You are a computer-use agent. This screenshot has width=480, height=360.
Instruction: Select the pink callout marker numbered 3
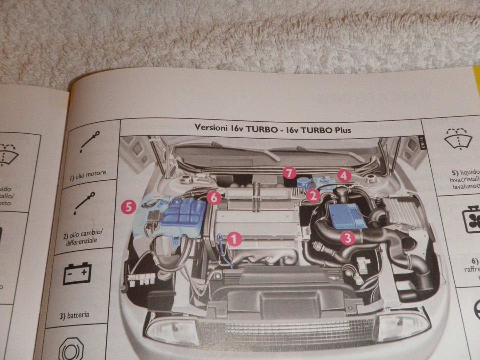pos(347,238)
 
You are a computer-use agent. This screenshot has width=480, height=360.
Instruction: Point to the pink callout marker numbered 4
pos(343,175)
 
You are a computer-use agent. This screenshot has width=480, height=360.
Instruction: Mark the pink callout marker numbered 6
pos(214,198)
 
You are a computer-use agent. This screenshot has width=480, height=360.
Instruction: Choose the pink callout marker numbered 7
pos(289,173)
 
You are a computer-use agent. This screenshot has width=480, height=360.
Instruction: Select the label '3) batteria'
pos(75,315)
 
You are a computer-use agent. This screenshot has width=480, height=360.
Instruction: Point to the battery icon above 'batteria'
pos(77,274)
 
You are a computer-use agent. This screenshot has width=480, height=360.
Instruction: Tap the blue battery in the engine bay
pos(347,217)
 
